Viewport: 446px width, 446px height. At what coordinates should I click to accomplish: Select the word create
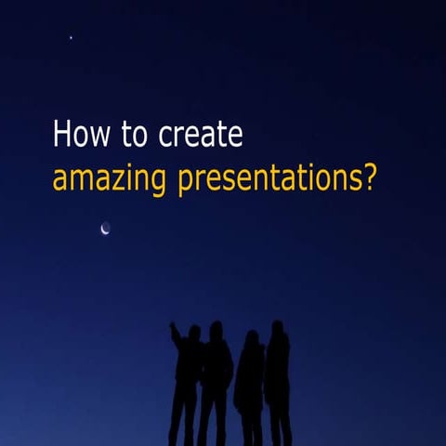coord(201,136)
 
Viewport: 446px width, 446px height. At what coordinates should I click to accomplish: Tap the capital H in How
coord(61,135)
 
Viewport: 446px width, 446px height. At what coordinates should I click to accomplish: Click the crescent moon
coord(105,228)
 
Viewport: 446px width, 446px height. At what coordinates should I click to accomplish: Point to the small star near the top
coord(71,37)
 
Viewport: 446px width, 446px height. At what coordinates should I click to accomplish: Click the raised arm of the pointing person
coord(175,334)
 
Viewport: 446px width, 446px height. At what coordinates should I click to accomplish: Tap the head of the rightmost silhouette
coord(277,327)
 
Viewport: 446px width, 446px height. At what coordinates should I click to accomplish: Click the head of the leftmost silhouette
coord(193,332)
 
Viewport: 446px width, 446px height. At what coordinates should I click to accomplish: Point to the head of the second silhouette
coord(216,329)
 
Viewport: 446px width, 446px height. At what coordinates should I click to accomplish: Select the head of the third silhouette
coord(251,336)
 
